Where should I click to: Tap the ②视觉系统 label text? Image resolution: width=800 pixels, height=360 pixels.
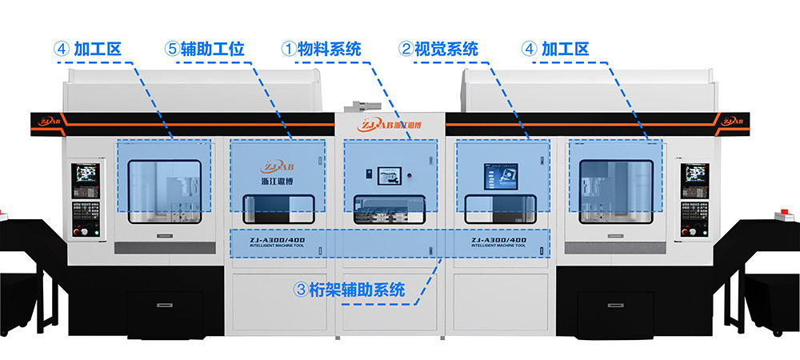coord(439,49)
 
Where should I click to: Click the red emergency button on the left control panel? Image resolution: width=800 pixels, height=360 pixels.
coord(78,231)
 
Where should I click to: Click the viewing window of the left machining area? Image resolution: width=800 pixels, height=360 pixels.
coord(164,190)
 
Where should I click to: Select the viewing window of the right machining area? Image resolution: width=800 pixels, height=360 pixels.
coord(615,190)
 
